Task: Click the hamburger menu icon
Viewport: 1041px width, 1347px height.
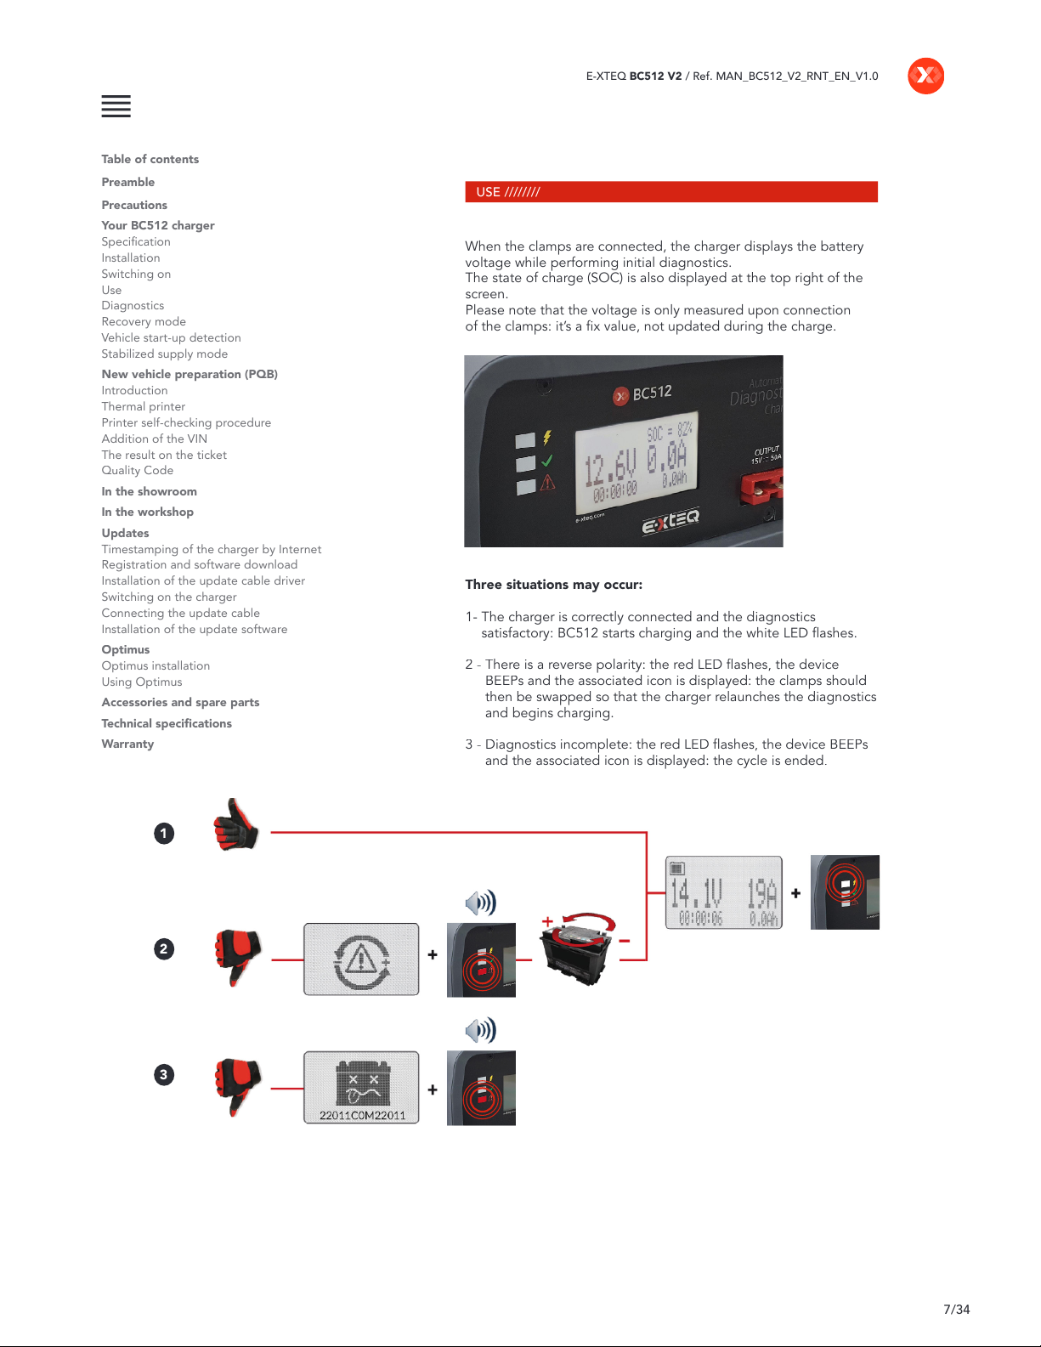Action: point(116,106)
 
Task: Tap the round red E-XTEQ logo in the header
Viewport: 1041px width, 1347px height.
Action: point(925,76)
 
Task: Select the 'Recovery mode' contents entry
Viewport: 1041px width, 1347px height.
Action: point(144,322)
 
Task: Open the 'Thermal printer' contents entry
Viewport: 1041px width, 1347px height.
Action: point(143,406)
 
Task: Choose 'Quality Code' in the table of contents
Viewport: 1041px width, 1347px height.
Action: point(138,471)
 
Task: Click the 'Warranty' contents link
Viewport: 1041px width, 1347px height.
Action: point(127,744)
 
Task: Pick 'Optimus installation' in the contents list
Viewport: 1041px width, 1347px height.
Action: point(156,665)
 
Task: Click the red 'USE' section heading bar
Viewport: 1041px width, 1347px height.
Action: point(671,191)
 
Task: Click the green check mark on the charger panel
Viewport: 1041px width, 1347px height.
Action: point(547,461)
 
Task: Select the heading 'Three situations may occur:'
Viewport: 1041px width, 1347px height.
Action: point(554,585)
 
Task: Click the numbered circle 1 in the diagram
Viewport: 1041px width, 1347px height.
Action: point(164,833)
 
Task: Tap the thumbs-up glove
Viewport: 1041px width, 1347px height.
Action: point(235,825)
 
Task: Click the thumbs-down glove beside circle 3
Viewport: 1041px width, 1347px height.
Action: point(237,1086)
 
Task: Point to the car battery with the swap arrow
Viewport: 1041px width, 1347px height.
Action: point(579,948)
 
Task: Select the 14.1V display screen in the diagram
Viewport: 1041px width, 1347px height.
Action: point(723,892)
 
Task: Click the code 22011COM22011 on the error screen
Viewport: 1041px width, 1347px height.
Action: point(363,1115)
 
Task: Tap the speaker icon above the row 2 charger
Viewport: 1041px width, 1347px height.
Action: point(481,903)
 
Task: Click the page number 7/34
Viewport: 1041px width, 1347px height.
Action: point(956,1310)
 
